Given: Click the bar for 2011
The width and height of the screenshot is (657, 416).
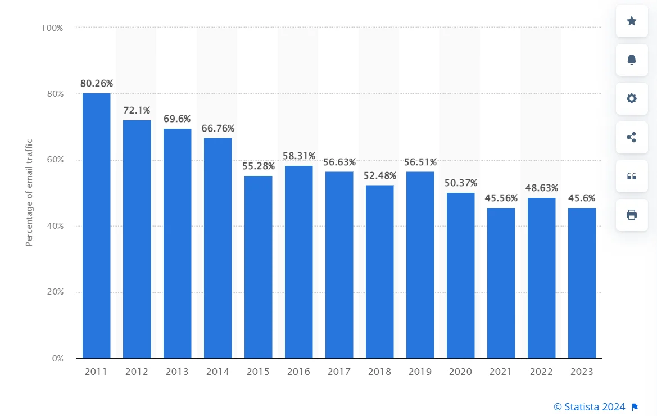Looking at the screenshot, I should [96, 225].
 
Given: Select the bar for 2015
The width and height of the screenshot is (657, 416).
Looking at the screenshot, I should [258, 267].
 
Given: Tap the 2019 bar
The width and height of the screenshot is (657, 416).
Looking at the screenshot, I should [420, 265].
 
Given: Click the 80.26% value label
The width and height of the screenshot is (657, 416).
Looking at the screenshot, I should [96, 84].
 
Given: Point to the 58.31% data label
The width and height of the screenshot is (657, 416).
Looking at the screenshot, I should [298, 156].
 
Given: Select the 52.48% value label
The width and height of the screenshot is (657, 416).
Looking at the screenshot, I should [380, 175].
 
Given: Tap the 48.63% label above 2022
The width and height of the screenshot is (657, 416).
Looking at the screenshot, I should [541, 188].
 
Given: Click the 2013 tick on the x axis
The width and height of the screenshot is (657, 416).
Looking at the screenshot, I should [177, 372].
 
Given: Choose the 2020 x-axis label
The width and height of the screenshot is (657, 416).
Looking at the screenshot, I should [460, 372].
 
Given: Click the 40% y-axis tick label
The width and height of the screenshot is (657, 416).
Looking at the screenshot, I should [55, 226].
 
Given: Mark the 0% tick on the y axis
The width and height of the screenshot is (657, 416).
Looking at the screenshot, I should [57, 359].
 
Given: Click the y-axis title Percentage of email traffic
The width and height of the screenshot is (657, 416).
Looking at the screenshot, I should [29, 193].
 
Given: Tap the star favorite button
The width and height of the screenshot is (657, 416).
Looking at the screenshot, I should [632, 21].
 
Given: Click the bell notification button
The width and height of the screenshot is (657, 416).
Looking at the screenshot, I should [632, 60].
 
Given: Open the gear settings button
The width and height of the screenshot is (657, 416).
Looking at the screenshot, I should [632, 98].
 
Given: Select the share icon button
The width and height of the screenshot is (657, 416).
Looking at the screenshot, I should [632, 137].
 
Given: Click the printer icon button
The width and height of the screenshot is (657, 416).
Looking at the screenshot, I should [632, 215].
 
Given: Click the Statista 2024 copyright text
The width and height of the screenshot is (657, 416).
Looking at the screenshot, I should [590, 406].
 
